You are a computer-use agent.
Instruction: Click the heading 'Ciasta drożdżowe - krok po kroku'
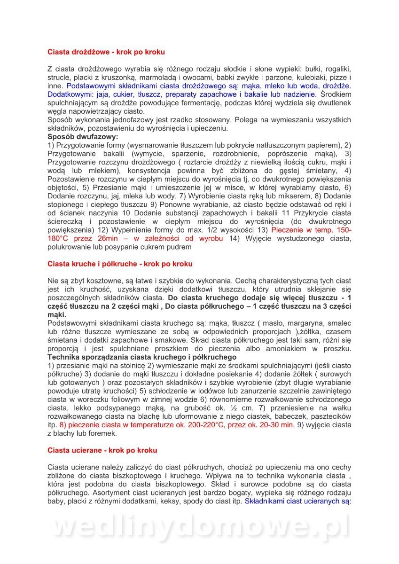[106, 52]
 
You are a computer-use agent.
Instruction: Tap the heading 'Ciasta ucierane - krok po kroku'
[102, 450]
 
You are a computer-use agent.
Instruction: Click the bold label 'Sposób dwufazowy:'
[83, 137]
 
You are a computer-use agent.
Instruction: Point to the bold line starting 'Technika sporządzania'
[142, 357]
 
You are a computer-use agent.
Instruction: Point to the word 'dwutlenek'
[335, 103]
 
